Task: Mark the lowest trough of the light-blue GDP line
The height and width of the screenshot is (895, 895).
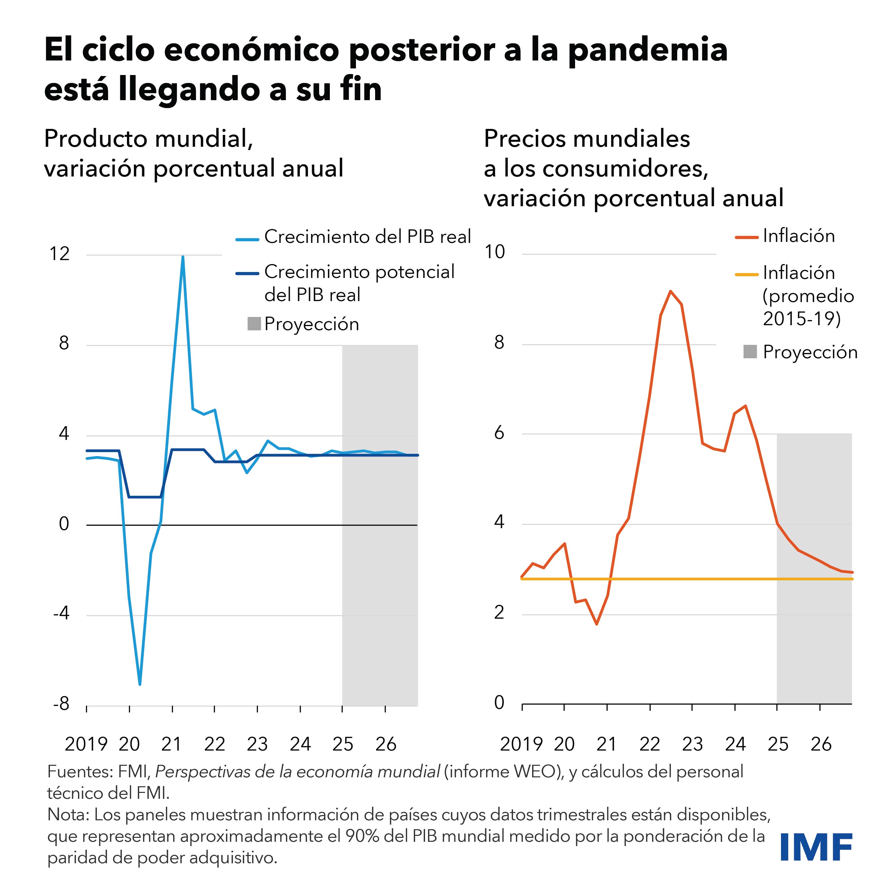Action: tap(140, 684)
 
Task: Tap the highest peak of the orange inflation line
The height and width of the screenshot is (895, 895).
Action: tap(670, 291)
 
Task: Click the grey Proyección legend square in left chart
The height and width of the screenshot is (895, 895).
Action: tap(254, 324)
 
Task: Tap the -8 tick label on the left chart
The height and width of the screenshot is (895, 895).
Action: tap(61, 704)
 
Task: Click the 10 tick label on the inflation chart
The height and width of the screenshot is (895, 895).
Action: tap(494, 252)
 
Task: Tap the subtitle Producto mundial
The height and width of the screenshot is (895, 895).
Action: tap(148, 138)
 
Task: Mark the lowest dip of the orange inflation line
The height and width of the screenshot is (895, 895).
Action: tap(597, 624)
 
